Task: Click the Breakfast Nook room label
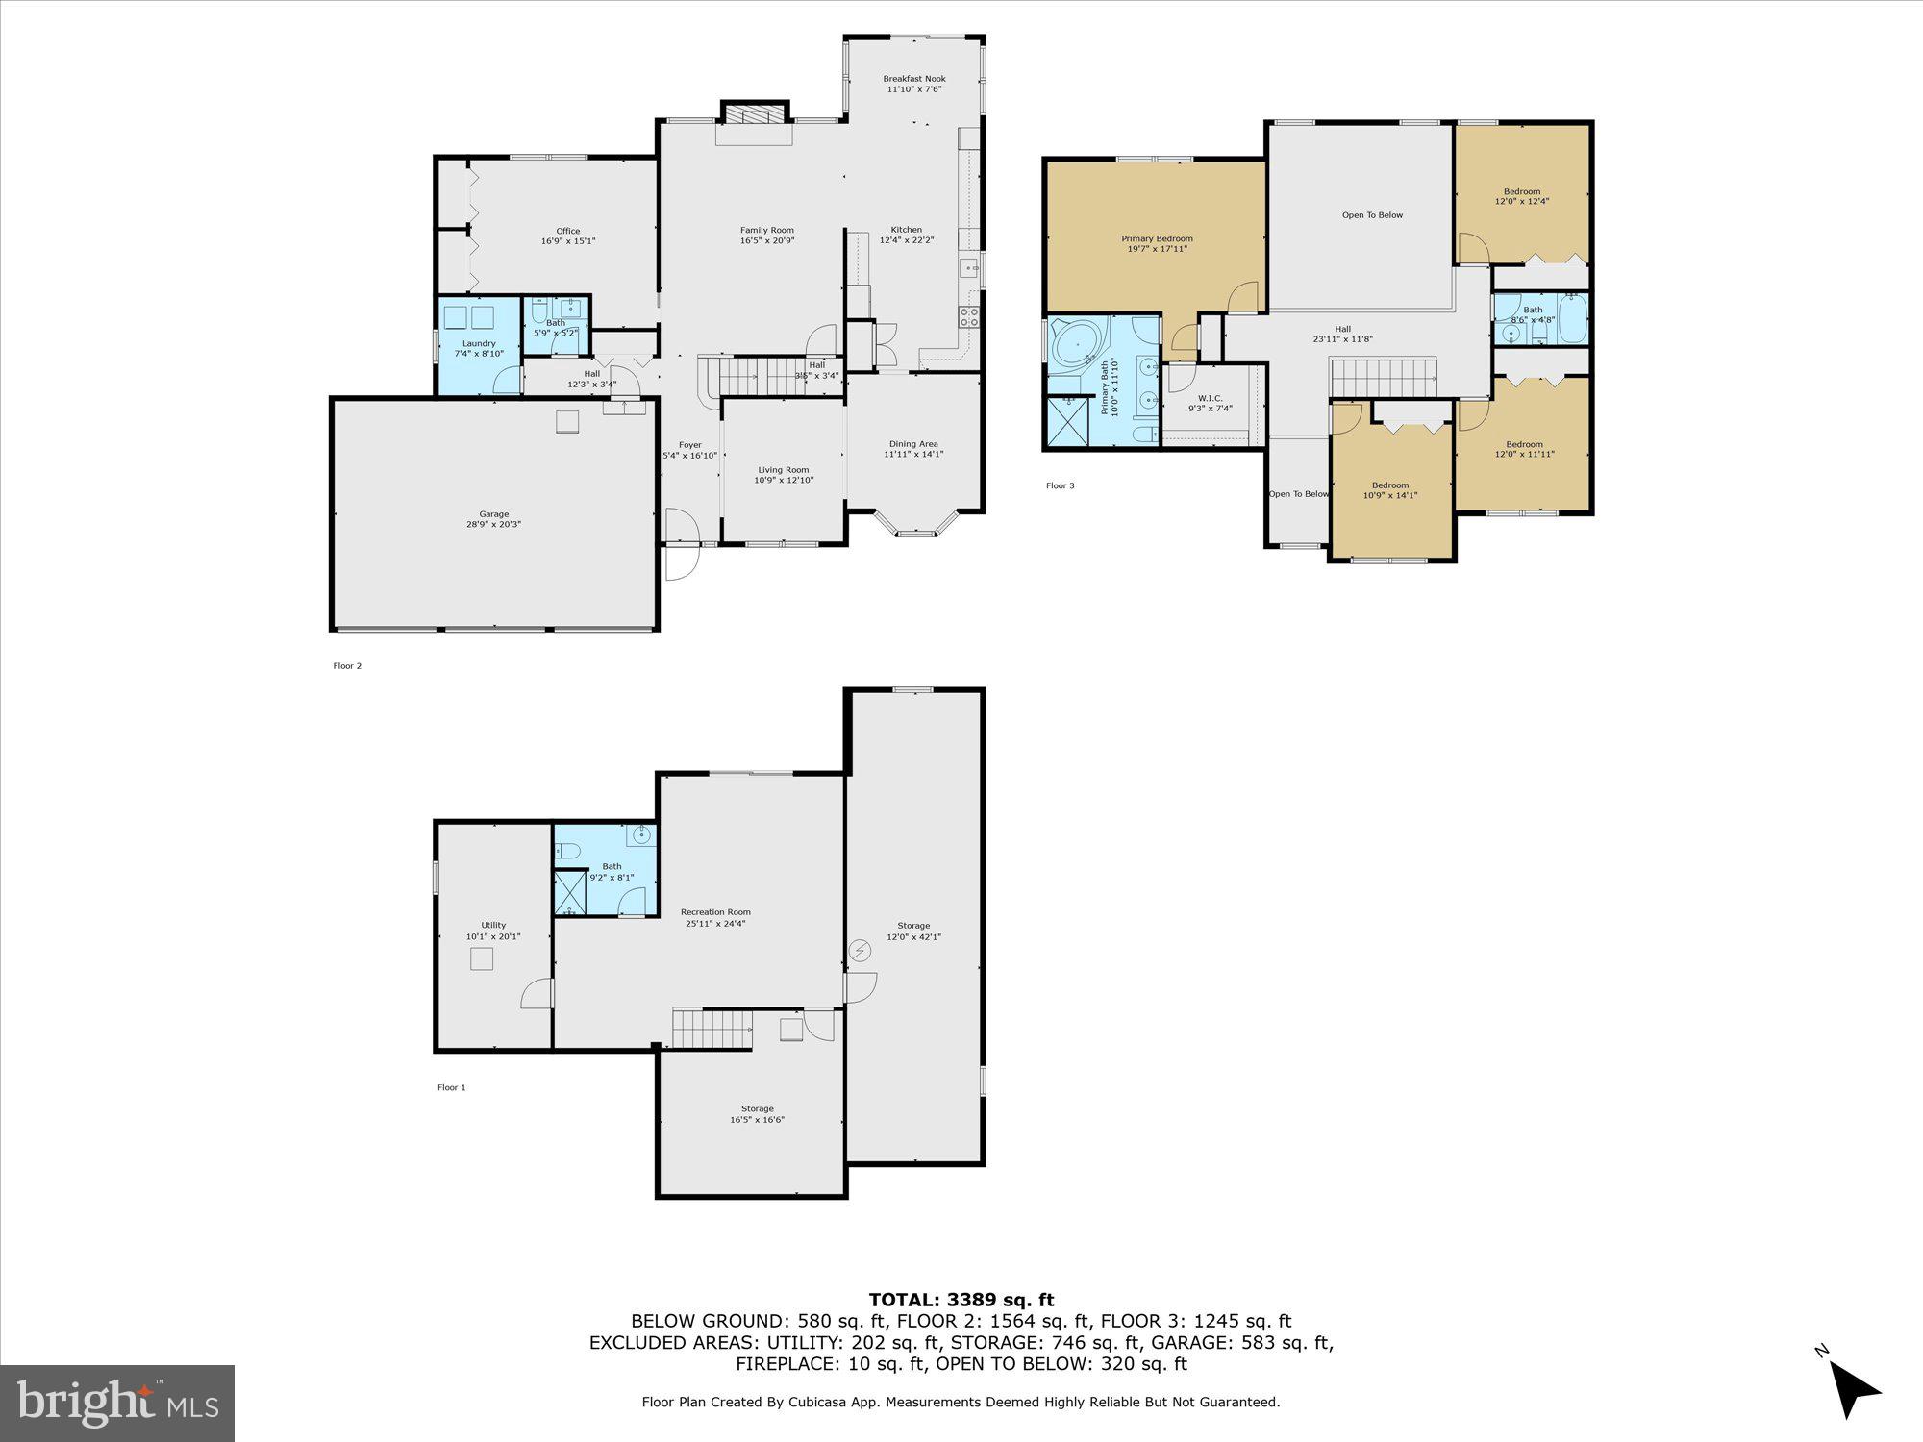coord(913,79)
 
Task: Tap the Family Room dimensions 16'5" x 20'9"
coord(766,241)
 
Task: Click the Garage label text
coord(494,514)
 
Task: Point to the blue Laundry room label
coord(479,343)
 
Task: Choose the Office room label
coord(567,231)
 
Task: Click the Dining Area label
coord(912,444)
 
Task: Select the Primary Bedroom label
coord(1157,238)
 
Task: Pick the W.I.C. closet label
coord(1210,398)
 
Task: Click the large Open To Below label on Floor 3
coord(1372,215)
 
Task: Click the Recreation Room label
coord(715,912)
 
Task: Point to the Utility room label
coord(493,925)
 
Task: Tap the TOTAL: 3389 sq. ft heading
coord(961,1301)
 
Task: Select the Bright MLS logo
coord(117,1403)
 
